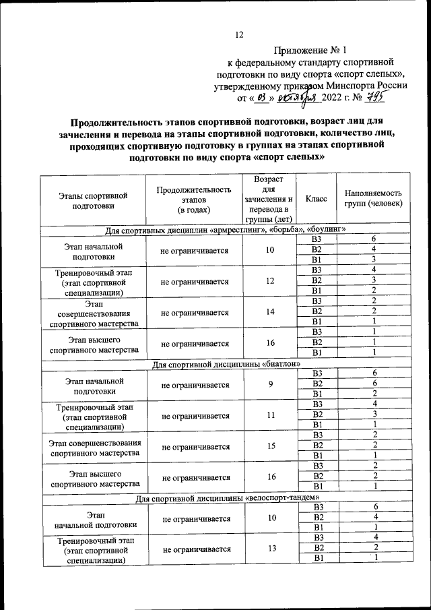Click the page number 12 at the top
coord(238,35)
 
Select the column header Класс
coord(316,199)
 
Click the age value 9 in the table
coord(270,384)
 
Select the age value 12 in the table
coord(270,281)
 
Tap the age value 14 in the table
coord(270,312)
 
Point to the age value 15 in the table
coord(270,446)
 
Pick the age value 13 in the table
coord(270,549)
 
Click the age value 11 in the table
coord(270,415)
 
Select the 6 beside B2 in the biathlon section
coord(374,384)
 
